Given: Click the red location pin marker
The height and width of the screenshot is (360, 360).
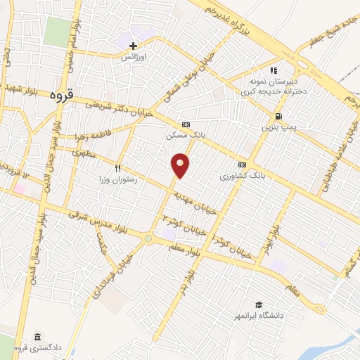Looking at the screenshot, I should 181,165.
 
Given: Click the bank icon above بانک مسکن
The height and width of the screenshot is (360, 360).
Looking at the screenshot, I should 185,123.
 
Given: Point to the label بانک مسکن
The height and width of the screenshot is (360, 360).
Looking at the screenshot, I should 184,133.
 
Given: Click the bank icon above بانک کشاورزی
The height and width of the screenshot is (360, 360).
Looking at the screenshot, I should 243,164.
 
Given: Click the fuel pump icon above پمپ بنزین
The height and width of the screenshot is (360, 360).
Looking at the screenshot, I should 281,117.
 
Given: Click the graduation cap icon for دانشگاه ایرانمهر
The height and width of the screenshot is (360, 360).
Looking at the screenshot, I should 259,304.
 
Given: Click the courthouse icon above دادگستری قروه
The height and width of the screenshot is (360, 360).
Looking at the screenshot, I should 37,337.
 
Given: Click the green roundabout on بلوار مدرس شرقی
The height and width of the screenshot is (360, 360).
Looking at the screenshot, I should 148,239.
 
